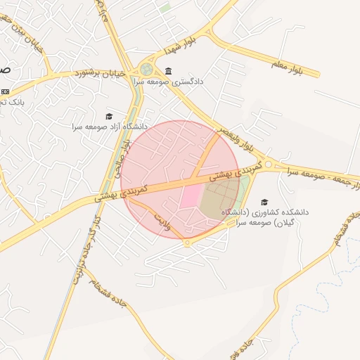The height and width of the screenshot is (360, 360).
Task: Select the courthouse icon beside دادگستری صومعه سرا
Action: tap(168, 72)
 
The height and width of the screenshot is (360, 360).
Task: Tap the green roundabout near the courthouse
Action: tap(146, 69)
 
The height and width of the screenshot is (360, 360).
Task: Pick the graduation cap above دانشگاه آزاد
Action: tap(109, 116)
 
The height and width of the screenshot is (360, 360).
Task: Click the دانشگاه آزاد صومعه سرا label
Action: tap(109, 127)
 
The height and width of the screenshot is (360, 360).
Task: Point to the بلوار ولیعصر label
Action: tap(234, 140)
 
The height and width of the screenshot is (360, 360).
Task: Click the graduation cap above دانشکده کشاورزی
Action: tap(264, 202)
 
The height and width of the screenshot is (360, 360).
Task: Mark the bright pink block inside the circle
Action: tap(191, 195)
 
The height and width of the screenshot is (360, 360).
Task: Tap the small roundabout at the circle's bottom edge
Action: tap(187, 243)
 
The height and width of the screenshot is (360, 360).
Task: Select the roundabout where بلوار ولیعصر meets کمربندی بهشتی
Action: tap(269, 165)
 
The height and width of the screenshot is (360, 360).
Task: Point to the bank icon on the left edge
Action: tap(5, 91)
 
